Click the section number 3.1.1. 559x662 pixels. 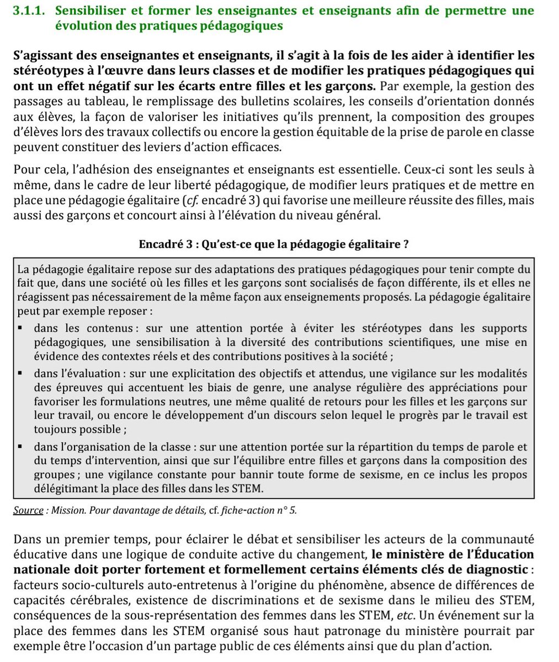pyautogui.click(x=32, y=10)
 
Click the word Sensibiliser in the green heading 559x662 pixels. pyautogui.click(x=94, y=10)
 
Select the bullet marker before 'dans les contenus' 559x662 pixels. pyautogui.click(x=20, y=329)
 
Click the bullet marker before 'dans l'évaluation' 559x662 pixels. pyautogui.click(x=20, y=374)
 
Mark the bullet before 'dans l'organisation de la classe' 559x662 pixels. pyautogui.click(x=20, y=447)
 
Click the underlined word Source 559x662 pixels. pyautogui.click(x=28, y=510)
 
